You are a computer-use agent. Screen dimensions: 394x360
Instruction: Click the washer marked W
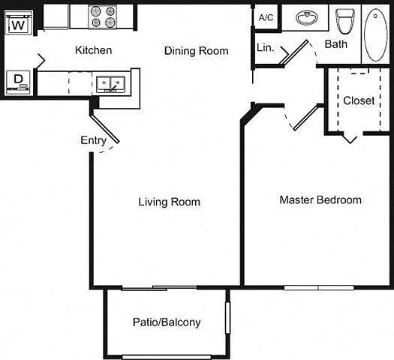(19, 22)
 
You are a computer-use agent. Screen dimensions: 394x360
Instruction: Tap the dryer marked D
(18, 82)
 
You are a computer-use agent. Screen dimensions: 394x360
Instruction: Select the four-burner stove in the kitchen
(103, 16)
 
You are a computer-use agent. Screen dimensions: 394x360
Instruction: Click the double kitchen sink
(110, 84)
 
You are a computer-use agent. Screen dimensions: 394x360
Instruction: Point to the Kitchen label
(94, 50)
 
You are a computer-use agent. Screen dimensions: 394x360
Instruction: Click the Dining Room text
(196, 51)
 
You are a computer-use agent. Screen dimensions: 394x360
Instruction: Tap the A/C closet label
(266, 17)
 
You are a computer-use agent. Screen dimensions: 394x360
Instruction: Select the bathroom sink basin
(307, 17)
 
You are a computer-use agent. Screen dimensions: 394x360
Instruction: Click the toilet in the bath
(345, 21)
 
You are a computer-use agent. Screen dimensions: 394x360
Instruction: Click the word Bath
(336, 44)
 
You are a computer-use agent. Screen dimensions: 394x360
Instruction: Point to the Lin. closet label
(266, 47)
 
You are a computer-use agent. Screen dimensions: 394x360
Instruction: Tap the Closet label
(359, 100)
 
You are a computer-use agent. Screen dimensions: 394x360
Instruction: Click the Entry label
(94, 140)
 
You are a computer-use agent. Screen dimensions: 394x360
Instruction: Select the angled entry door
(104, 129)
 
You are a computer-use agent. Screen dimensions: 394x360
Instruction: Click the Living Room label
(170, 202)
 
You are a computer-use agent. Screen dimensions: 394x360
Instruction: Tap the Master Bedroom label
(320, 200)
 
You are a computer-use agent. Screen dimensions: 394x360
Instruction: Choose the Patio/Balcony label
(167, 322)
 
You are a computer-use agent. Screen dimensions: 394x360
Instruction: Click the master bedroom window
(319, 288)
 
